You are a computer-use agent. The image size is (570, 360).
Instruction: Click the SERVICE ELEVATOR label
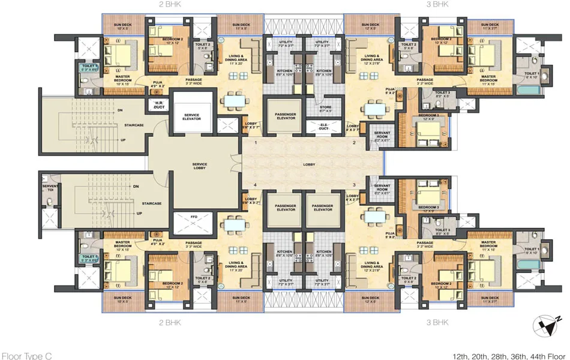tap(192, 116)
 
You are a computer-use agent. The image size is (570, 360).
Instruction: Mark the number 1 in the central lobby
tap(255, 143)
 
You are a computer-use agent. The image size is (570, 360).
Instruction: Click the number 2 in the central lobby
tap(355, 143)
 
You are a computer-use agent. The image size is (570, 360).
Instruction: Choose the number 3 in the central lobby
tap(355, 185)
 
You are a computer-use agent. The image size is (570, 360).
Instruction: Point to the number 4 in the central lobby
tap(255, 185)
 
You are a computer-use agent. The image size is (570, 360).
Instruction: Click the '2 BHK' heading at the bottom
tap(170, 322)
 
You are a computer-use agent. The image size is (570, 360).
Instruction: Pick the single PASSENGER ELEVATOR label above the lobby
tap(286, 116)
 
